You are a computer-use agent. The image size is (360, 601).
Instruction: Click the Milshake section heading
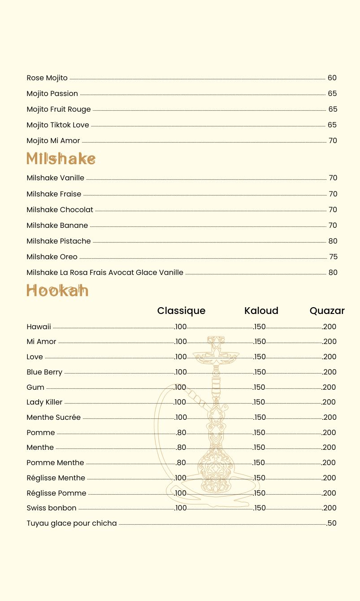pos(61,158)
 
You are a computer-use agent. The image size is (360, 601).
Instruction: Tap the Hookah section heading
pos(57,291)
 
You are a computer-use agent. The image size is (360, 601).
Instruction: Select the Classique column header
pos(181,311)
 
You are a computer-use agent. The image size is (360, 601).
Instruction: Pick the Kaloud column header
pos(261,311)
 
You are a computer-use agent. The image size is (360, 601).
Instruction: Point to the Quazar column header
pos(327,311)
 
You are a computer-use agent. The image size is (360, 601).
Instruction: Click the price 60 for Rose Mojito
pos(332,78)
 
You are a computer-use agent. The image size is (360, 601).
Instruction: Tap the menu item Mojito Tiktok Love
pos(58,125)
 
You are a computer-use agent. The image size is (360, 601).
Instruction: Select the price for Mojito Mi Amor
pos(333,141)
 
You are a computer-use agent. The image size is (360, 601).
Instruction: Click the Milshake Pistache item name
pos(59,241)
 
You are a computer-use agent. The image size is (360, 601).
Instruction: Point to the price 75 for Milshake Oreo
pos(333,257)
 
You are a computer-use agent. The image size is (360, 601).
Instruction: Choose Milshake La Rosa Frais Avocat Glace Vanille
pos(105,273)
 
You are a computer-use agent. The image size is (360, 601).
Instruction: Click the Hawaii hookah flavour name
pos(39,327)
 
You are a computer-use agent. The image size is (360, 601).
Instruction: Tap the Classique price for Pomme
pos(181,433)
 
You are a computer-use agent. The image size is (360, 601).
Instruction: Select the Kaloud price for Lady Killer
pos(259,402)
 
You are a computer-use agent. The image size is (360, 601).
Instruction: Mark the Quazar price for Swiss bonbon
pos(330,508)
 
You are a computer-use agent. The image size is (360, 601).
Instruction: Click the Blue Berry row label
pos(44,372)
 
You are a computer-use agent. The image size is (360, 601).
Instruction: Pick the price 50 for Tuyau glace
pos(332,523)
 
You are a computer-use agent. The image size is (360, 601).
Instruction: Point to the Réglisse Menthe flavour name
pos(56,478)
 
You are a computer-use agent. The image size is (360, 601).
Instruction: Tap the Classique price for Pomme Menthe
pos(181,463)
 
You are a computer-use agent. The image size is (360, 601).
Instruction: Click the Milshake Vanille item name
pos(55,178)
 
